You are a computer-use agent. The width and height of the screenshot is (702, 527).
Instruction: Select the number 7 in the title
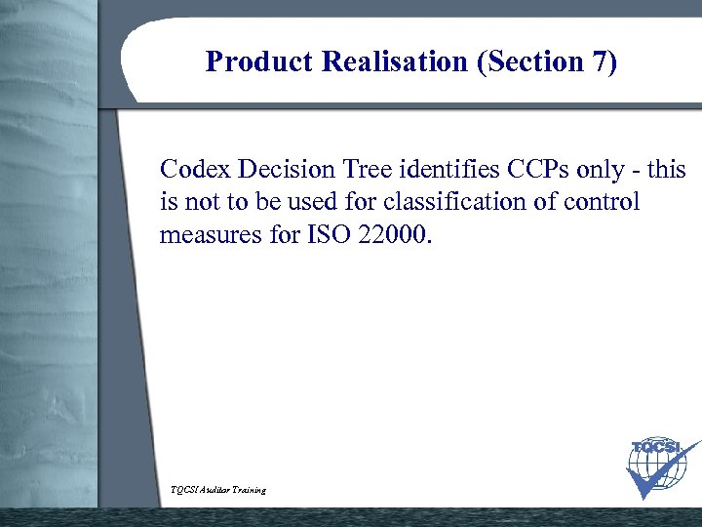pos(603,62)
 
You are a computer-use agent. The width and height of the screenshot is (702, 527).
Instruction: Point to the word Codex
pos(194,170)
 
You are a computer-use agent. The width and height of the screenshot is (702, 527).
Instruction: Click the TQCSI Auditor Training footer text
pos(217,489)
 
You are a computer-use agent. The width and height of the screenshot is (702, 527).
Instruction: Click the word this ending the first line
pos(667,170)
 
